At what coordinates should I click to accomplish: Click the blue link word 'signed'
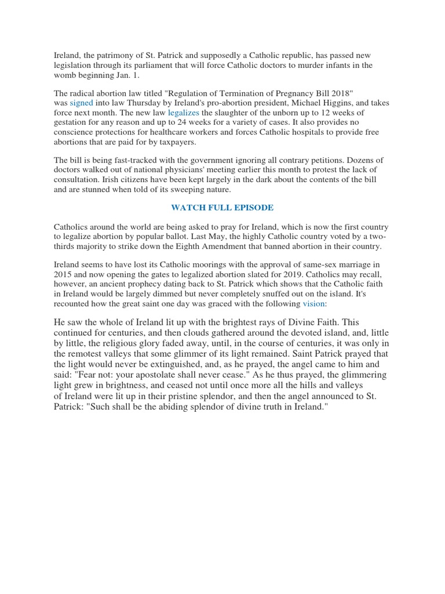point(81,103)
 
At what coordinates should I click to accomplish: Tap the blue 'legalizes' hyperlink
point(183,113)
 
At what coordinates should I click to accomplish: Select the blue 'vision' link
point(313,303)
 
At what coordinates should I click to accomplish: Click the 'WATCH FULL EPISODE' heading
point(222,207)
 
